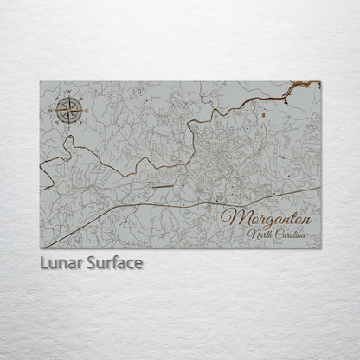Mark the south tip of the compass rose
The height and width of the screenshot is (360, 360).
68,124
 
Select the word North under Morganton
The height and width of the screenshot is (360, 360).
260,235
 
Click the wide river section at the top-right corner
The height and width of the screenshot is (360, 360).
303,85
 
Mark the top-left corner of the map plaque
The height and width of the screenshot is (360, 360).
40,81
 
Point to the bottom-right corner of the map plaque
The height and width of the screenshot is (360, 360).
320,247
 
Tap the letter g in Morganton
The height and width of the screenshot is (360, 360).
262,221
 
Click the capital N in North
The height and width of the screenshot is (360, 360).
250,235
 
